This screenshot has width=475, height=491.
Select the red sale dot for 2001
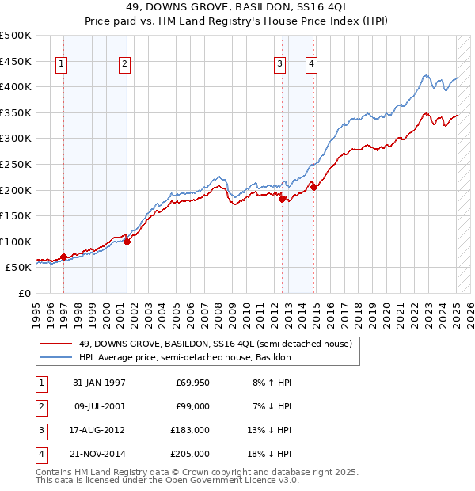coord(127,242)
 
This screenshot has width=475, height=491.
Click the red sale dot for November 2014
coord(314,187)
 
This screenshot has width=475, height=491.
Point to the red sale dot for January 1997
coord(63,257)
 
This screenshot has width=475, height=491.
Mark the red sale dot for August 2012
coord(283,199)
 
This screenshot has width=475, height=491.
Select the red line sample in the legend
coord(55,344)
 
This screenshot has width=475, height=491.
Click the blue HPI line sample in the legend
coord(55,358)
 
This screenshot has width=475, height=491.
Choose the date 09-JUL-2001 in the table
coord(99,407)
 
